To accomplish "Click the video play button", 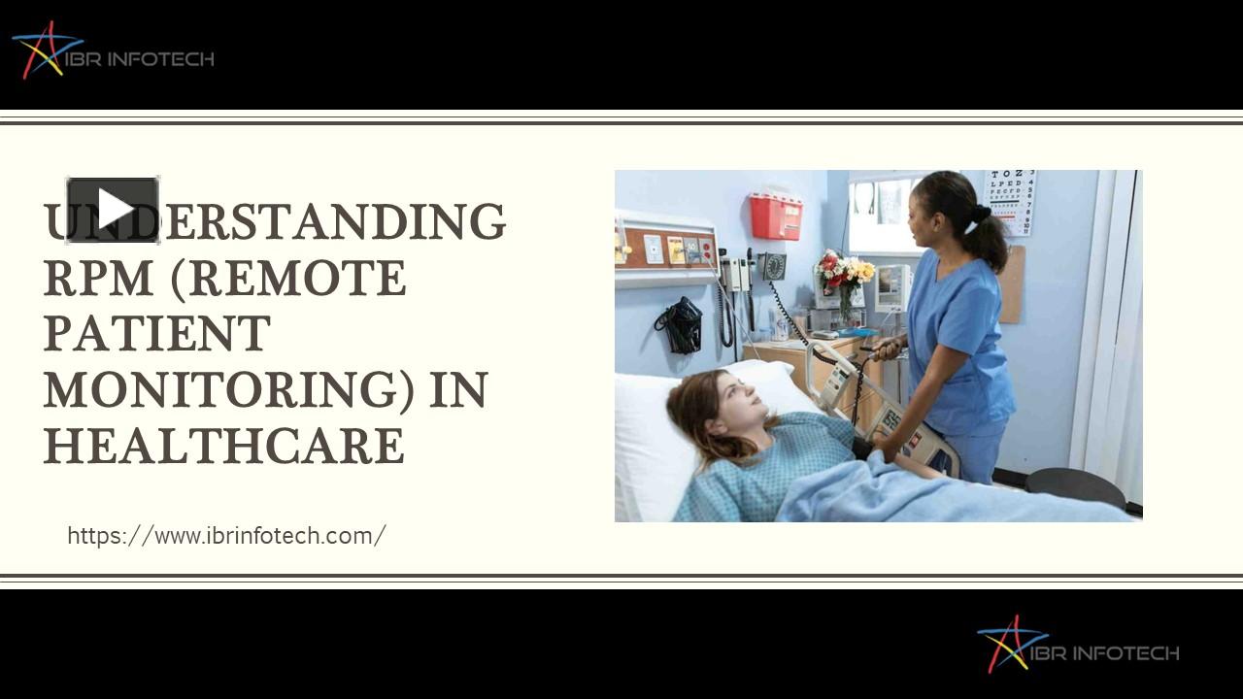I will point(113,209).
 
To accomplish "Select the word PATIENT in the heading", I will point(156,334).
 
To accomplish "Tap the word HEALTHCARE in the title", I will point(223,447).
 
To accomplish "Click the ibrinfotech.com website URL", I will point(226,535).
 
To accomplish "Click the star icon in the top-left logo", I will point(43,50).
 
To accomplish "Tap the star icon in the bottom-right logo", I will point(1010,644).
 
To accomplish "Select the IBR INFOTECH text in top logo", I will point(146,59).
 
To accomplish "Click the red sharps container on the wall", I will point(775,216).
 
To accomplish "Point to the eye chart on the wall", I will point(1009,201).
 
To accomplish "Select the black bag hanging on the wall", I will point(682,324).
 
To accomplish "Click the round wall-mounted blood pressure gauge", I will point(773,266).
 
